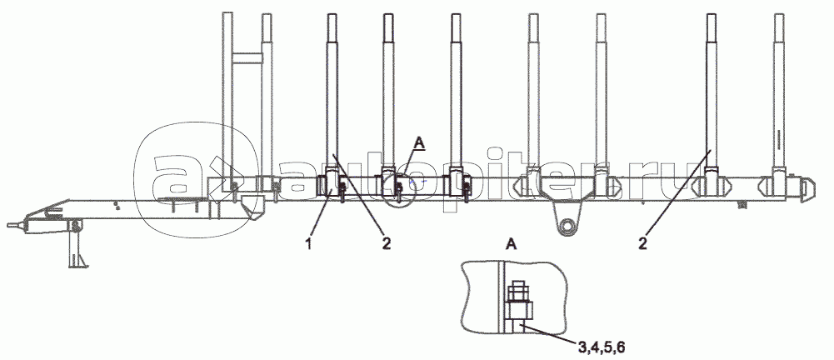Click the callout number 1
[x=308, y=244]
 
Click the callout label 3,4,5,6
[x=602, y=348]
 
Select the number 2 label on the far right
[x=643, y=244]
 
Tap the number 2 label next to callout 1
[x=386, y=244]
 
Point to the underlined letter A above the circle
[x=420, y=143]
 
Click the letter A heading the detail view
[x=511, y=244]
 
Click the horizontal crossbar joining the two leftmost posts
[x=247, y=57]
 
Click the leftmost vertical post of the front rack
[x=227, y=95]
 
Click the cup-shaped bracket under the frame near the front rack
[x=252, y=207]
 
